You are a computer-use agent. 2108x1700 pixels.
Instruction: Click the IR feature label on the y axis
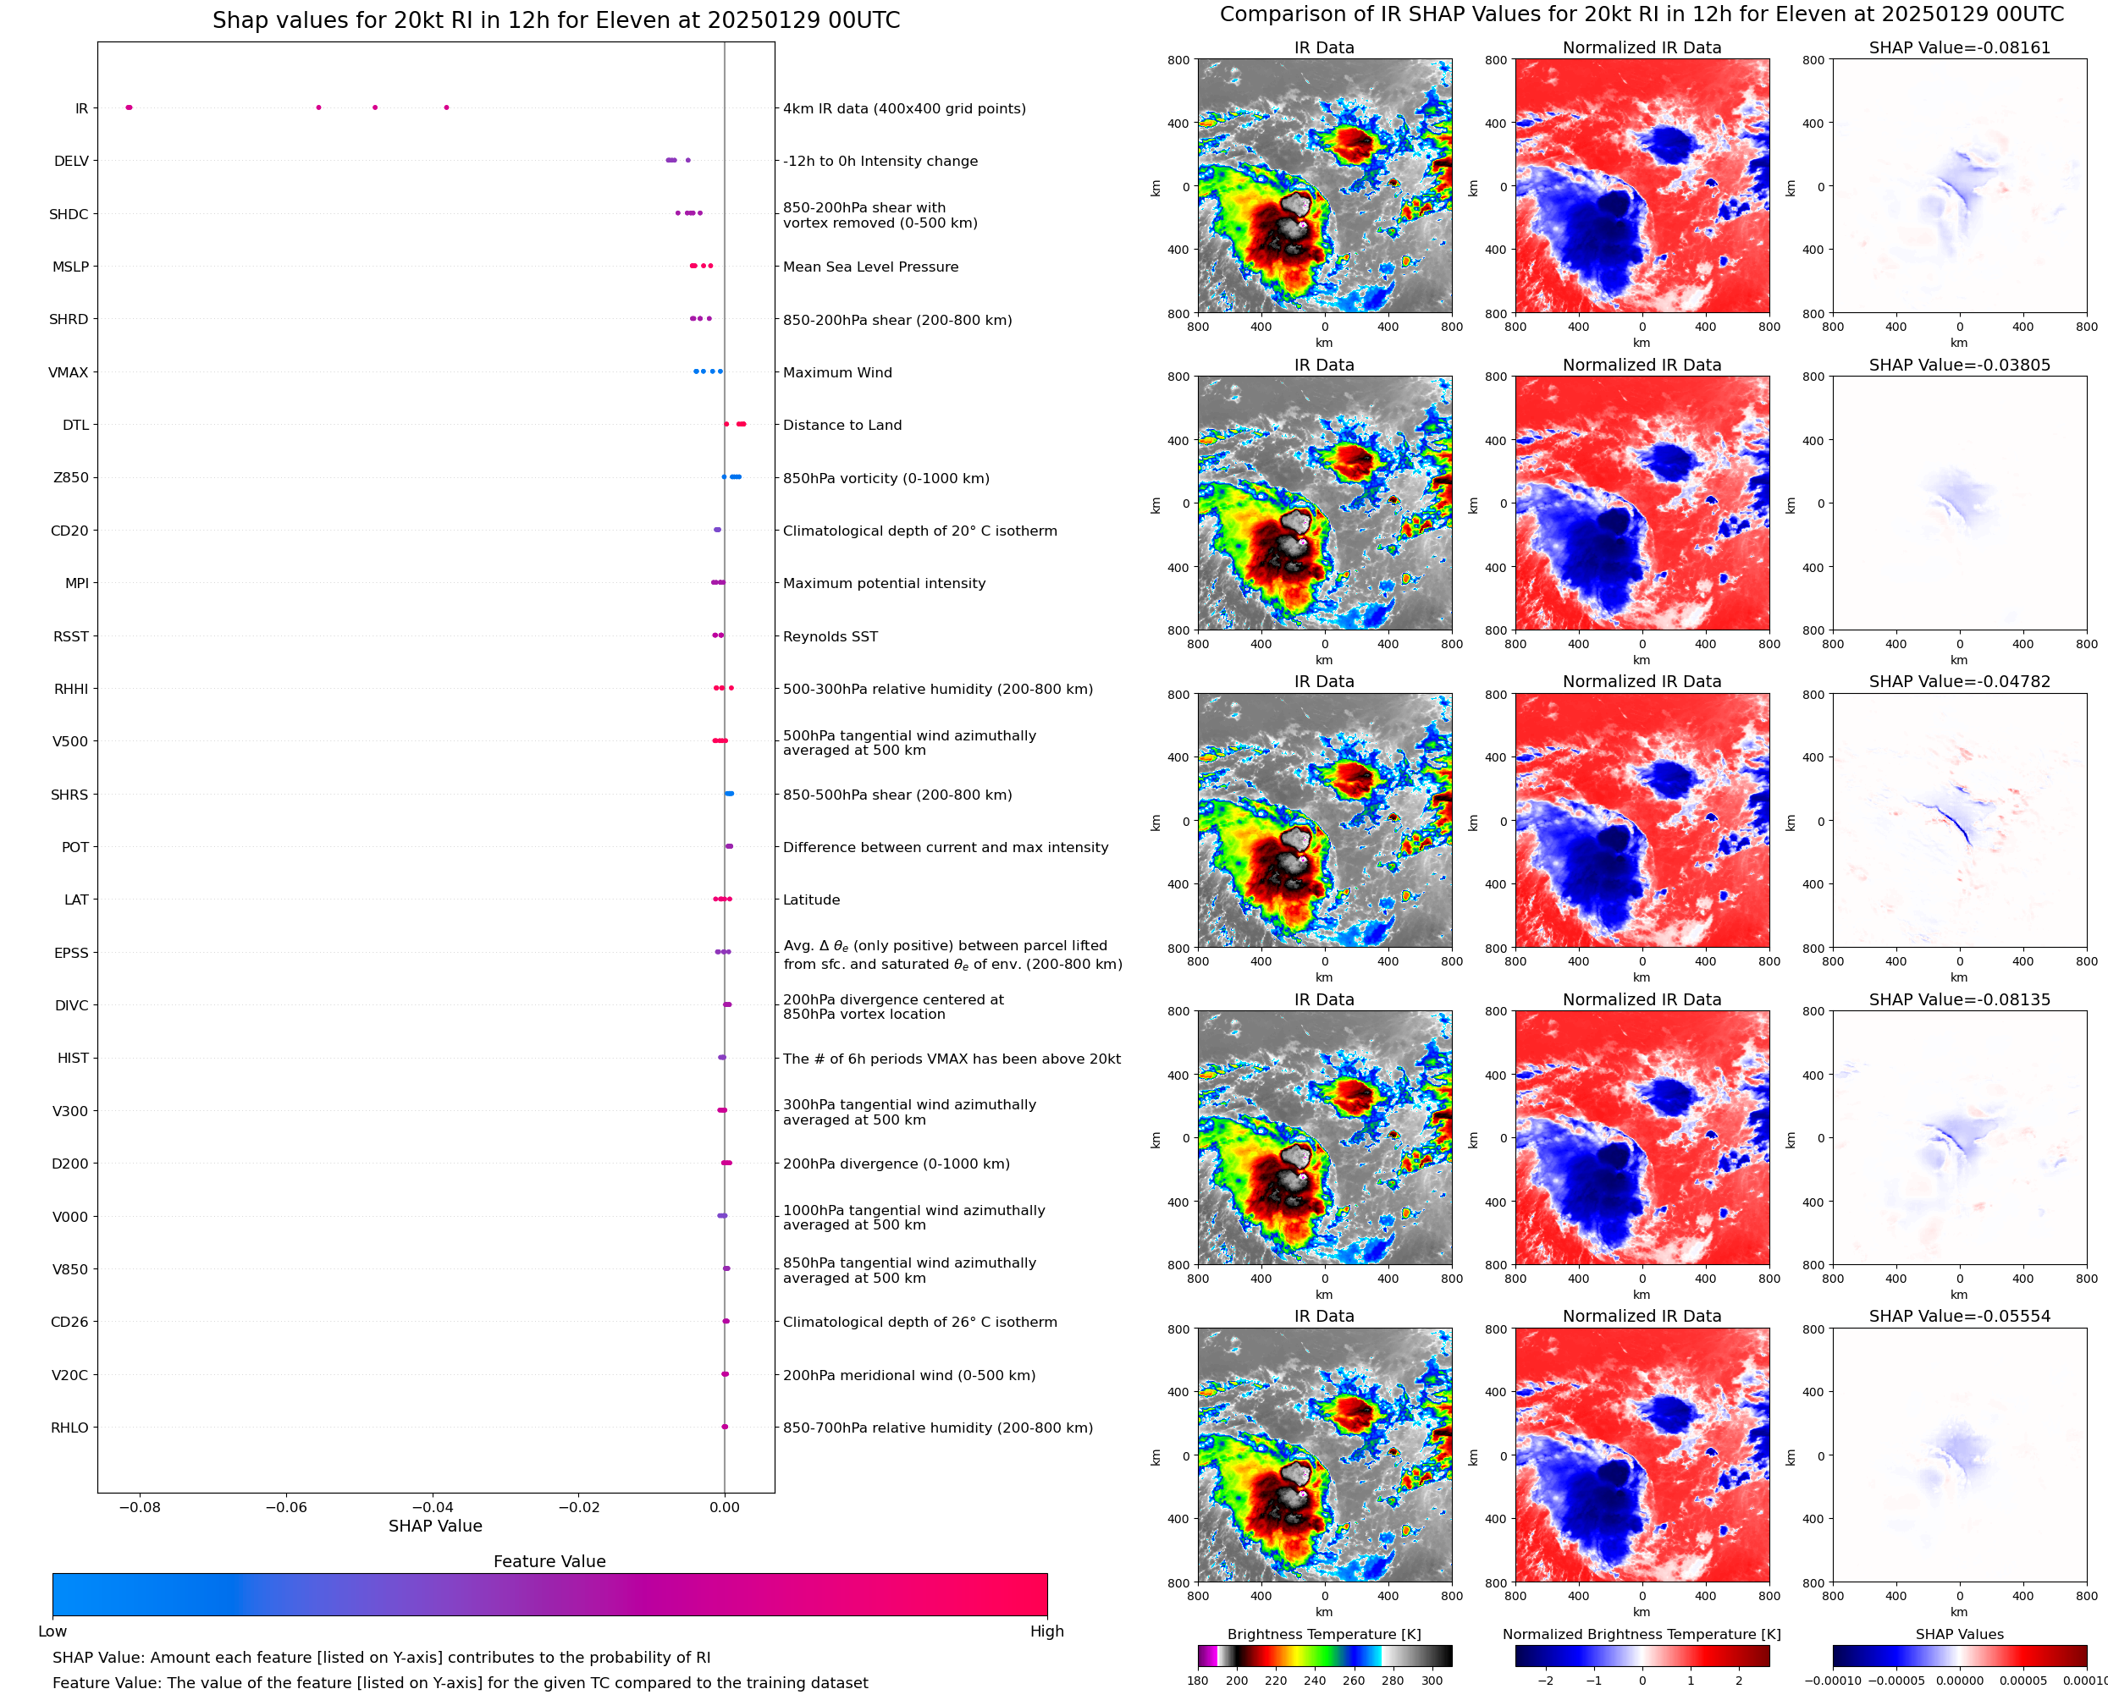point(81,108)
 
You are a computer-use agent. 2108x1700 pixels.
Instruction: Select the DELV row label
point(70,162)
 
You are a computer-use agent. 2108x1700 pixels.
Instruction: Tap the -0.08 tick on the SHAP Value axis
point(139,1507)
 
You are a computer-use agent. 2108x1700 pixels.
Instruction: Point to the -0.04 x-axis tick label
point(432,1507)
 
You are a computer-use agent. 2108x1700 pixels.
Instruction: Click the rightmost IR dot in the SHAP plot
point(447,107)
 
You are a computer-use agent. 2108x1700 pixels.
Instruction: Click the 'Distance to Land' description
point(842,425)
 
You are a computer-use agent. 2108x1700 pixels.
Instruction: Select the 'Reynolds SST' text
point(830,636)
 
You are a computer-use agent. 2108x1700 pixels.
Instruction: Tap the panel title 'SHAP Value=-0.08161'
point(1959,48)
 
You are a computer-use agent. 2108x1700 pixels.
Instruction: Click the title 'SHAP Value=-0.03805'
point(1959,366)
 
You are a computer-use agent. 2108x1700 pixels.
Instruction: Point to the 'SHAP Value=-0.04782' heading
point(1959,681)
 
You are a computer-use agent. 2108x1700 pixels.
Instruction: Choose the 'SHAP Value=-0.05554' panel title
point(1959,1316)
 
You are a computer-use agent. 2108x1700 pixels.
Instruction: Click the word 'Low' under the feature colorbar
point(52,1631)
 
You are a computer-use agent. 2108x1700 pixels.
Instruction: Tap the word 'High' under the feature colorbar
point(1046,1631)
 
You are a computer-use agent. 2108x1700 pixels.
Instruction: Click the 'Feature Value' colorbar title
point(549,1562)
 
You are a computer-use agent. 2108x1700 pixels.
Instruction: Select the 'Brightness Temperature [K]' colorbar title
point(1323,1634)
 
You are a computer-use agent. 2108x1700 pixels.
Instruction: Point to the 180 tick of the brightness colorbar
point(1197,1681)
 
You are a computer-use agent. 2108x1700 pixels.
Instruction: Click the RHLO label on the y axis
point(69,1428)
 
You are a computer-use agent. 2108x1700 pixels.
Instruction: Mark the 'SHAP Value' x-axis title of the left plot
point(435,1527)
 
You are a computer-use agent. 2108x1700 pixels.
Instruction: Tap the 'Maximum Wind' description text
point(836,373)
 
